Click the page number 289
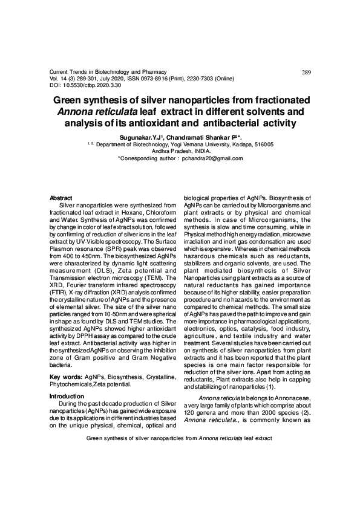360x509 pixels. tap(306, 73)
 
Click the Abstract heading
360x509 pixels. tap(61, 198)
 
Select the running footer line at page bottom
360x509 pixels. tap(180, 437)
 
